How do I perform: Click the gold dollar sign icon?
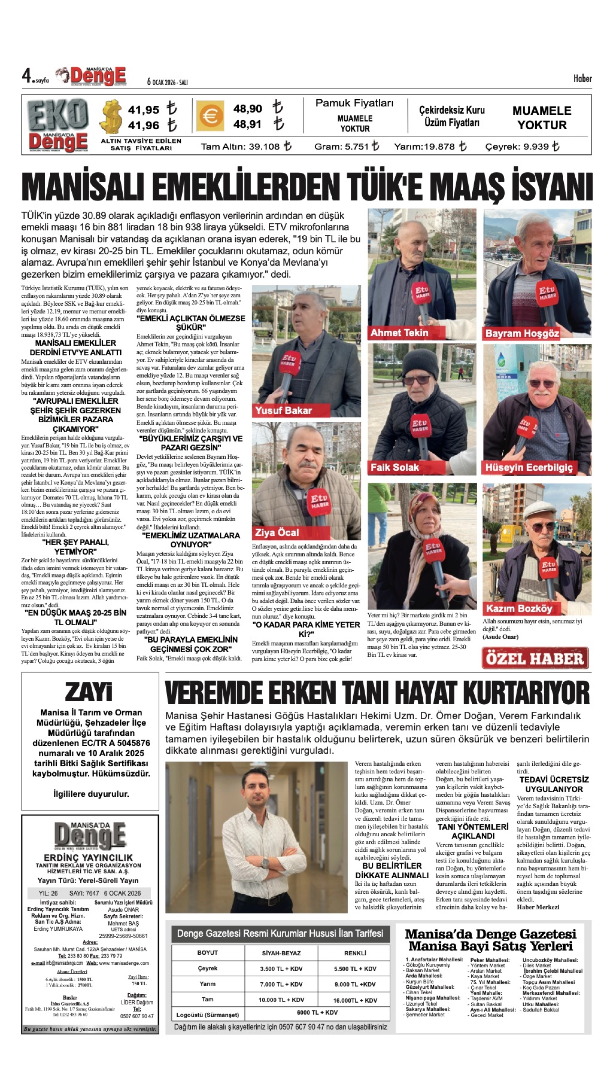click(x=112, y=117)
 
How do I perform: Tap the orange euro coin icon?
click(x=209, y=116)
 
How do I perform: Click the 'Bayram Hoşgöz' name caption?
click(x=522, y=334)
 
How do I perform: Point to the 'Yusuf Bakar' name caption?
click(x=283, y=411)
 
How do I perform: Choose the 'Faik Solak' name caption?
click(x=395, y=467)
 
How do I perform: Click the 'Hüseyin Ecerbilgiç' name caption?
click(x=529, y=467)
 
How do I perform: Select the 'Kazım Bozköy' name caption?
click(x=519, y=608)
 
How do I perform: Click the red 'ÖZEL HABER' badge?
click(x=535, y=658)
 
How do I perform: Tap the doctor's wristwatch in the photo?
click(x=265, y=862)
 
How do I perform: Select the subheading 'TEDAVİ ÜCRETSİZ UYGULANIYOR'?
click(x=554, y=784)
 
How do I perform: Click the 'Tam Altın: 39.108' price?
click(x=246, y=146)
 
